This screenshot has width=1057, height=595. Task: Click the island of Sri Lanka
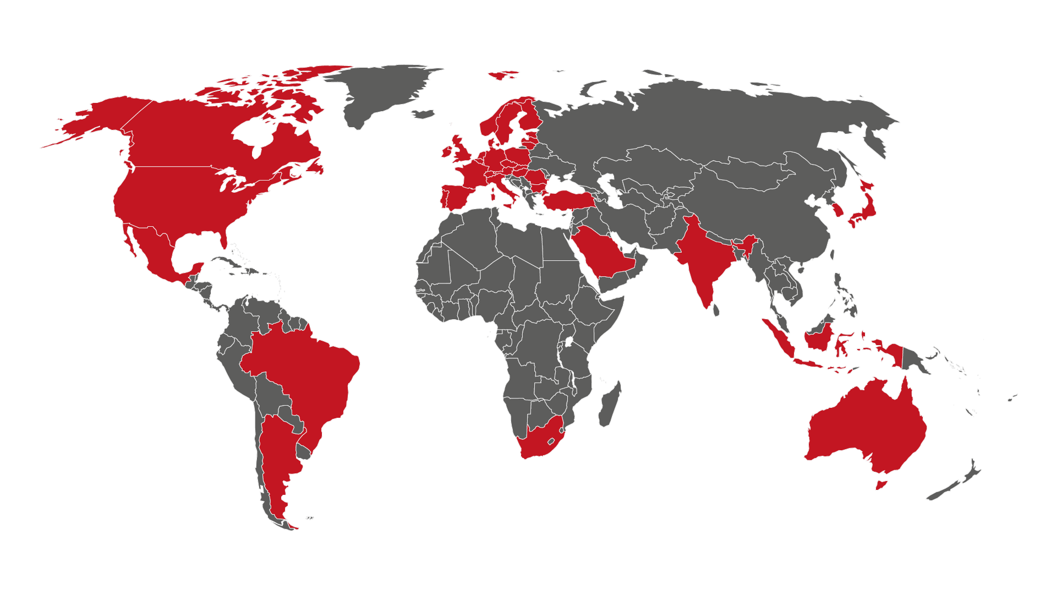[716, 310]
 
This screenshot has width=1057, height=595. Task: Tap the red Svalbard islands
[502, 74]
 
